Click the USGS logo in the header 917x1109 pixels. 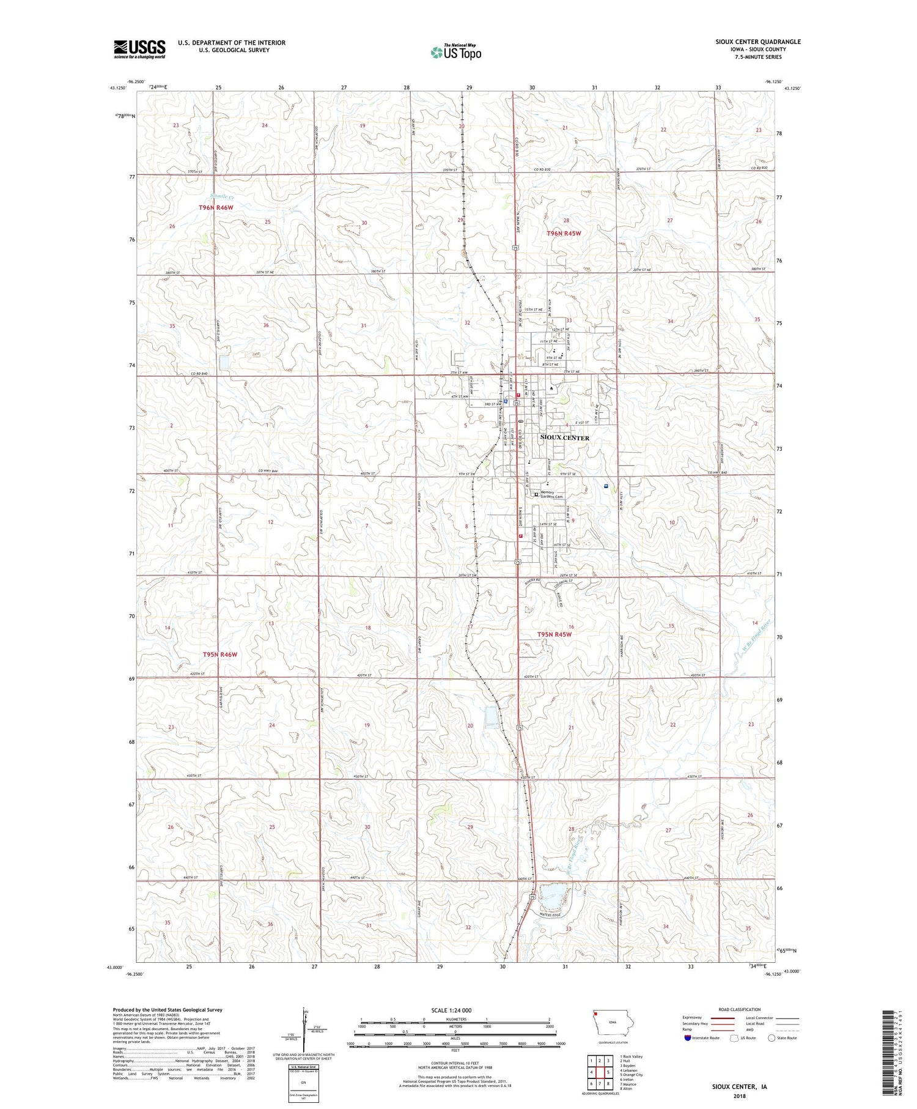(x=139, y=49)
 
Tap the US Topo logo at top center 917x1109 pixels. (x=455, y=52)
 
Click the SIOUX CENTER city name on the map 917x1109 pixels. (x=565, y=438)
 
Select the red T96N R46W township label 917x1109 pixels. (x=216, y=208)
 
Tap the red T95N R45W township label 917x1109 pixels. (x=554, y=634)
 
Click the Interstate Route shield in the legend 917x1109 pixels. (x=688, y=1038)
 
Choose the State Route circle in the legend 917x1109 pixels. (x=772, y=1038)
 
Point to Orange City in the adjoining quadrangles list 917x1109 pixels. (x=631, y=1074)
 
